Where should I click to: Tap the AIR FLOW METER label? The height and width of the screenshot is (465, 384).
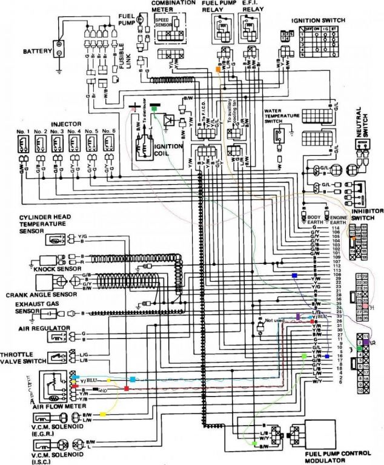coord(55,407)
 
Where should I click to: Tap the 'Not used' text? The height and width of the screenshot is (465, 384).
coord(274,320)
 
